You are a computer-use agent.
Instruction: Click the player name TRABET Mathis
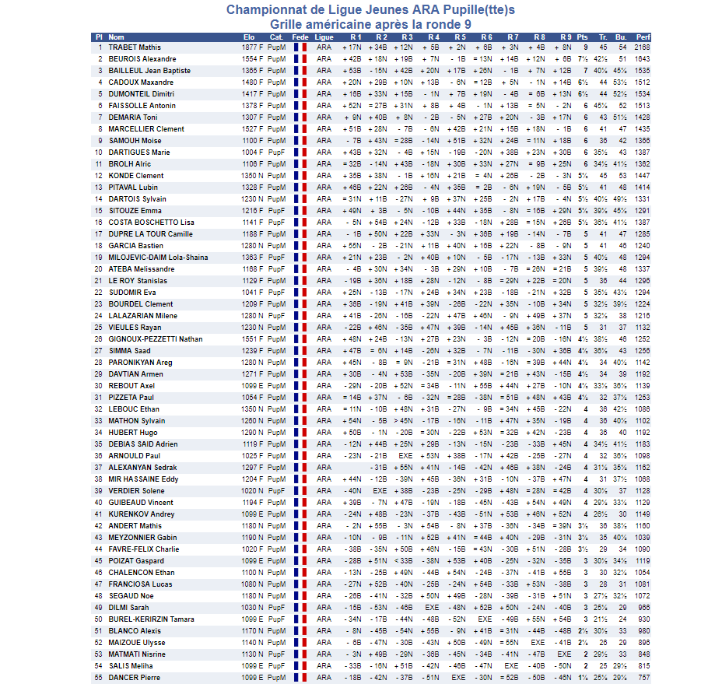[x=135, y=47]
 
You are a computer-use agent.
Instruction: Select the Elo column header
[x=249, y=37]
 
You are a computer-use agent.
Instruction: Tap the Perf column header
[x=643, y=37]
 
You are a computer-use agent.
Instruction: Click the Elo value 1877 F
[x=253, y=47]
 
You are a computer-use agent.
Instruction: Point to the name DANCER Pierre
[x=134, y=678]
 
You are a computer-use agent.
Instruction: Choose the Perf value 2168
[x=643, y=47]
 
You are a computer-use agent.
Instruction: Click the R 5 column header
[x=460, y=37]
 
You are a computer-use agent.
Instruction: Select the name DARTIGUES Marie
[x=139, y=153]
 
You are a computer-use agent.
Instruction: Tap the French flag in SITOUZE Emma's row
[x=300, y=211]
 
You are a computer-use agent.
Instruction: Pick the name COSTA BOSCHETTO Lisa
[x=152, y=223]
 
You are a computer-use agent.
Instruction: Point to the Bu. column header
[x=621, y=37]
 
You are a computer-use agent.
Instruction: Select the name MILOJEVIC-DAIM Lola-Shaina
[x=158, y=258]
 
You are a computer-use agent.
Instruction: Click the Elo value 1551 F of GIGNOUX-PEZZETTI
[x=253, y=339]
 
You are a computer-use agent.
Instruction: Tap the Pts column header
[x=583, y=37]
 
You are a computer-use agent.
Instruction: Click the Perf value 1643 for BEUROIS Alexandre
[x=643, y=59]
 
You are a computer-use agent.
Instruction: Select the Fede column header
[x=300, y=37]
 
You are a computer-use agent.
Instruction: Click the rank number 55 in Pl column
[x=99, y=678]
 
